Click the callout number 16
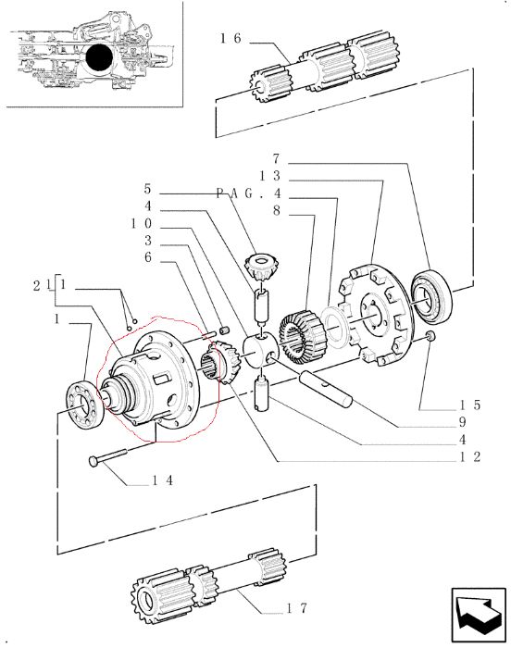[x=231, y=39]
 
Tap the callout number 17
[x=297, y=608]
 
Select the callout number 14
[x=163, y=480]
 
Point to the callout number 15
[x=469, y=405]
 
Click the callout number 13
[x=270, y=176]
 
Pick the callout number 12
[x=469, y=456]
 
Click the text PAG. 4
[x=249, y=193]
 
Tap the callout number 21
[x=43, y=285]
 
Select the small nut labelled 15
[x=430, y=336]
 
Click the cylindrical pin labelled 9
[x=326, y=389]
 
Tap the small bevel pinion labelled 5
[x=261, y=267]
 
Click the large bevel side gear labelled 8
[x=303, y=337]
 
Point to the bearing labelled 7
[x=431, y=295]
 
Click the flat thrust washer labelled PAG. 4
[x=335, y=326]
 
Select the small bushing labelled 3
[x=224, y=330]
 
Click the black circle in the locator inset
[x=100, y=57]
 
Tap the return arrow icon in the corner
[x=479, y=613]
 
